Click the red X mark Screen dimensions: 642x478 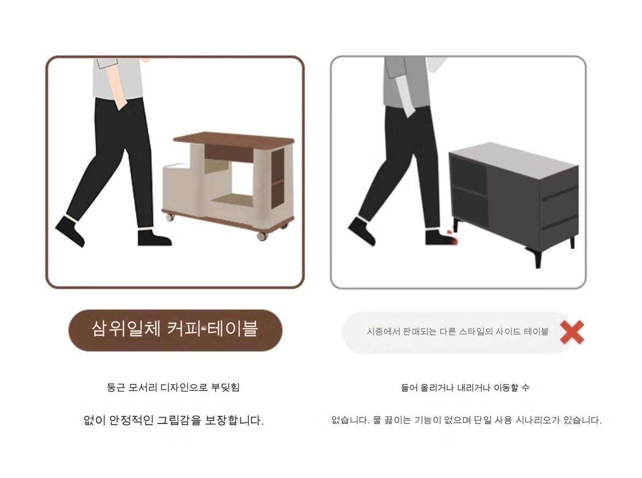coord(572,332)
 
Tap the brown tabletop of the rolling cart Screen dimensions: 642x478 coord(234,139)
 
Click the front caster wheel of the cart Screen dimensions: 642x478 coord(262,236)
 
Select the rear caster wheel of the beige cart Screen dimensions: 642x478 coord(170,217)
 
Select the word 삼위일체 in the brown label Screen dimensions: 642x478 coord(126,329)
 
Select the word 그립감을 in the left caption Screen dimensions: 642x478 coord(179,420)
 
